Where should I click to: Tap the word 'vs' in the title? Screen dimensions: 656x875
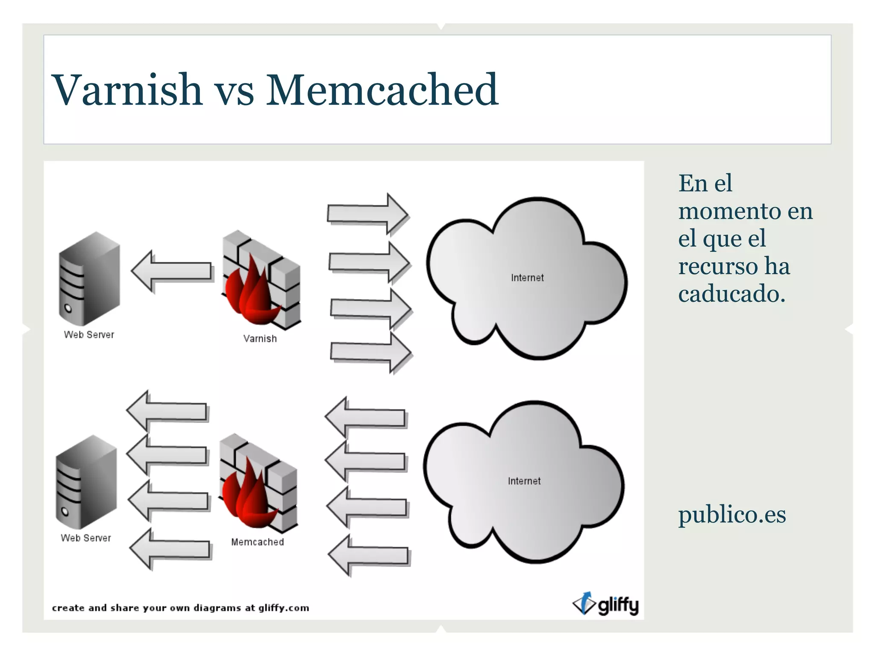coord(234,93)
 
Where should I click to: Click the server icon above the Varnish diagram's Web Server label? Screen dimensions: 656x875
coord(89,278)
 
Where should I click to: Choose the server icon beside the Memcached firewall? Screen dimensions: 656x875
coord(86,482)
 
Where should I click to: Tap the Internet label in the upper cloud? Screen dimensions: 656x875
coord(527,278)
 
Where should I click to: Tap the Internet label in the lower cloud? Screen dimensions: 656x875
coord(524,481)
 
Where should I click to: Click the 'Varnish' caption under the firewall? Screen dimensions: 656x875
coord(260,339)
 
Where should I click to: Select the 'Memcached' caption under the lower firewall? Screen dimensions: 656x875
coord(257,542)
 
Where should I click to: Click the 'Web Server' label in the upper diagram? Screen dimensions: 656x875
coord(89,335)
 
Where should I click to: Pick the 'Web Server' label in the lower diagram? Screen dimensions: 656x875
coord(86,538)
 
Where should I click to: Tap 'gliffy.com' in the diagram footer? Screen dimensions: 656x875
coord(283,608)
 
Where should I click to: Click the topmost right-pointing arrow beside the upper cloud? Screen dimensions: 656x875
coord(367,213)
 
